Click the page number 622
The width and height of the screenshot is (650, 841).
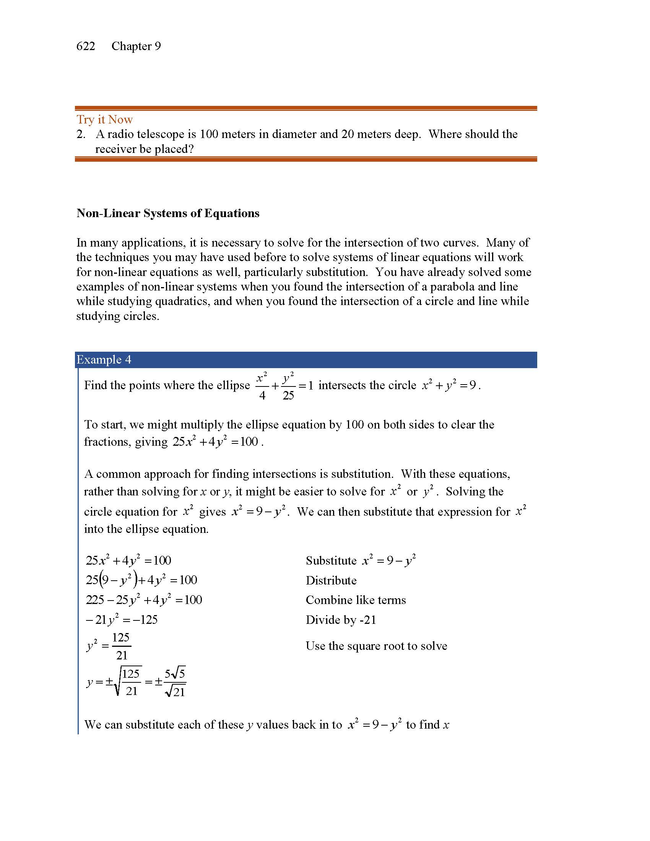point(86,46)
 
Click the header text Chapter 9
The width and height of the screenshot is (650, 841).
point(136,46)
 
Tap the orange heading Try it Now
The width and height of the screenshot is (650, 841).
point(104,119)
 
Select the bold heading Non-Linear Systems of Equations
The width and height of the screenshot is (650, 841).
point(168,213)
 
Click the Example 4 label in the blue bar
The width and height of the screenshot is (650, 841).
point(104,360)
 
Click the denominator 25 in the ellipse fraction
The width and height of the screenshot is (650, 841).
point(288,396)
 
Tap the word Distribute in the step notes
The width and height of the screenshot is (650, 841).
point(331,580)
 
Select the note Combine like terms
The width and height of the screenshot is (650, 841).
point(356,600)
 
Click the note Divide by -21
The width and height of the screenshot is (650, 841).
point(341,620)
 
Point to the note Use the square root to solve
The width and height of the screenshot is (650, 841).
point(376,646)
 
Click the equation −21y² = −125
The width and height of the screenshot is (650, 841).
point(122,620)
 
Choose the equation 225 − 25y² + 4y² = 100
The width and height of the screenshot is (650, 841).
point(144,600)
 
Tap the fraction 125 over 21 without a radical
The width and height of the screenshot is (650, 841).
point(121,646)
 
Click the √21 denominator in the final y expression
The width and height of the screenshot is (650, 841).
point(175,692)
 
